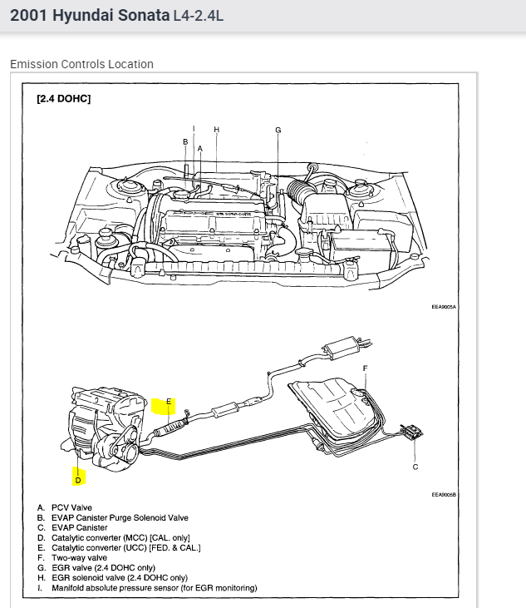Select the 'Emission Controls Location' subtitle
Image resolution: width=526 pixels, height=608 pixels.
(81, 64)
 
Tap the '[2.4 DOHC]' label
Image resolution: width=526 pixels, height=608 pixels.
(63, 99)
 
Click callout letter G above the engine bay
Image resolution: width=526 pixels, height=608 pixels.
(278, 130)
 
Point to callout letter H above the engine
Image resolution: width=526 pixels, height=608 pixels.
(216, 130)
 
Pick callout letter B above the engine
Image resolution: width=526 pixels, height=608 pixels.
(185, 142)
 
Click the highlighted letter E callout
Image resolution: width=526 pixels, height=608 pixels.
(168, 402)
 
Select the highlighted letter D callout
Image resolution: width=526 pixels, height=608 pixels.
(78, 479)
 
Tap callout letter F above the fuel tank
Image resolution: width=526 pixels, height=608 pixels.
(365, 368)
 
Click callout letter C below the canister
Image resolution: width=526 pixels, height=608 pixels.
(415, 467)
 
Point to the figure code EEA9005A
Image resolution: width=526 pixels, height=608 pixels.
(445, 306)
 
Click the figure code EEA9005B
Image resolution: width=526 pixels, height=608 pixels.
(445, 495)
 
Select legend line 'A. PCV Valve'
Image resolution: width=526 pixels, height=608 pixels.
(65, 507)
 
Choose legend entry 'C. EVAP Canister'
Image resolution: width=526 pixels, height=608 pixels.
(72, 527)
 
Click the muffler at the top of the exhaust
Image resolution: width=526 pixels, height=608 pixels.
(338, 347)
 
